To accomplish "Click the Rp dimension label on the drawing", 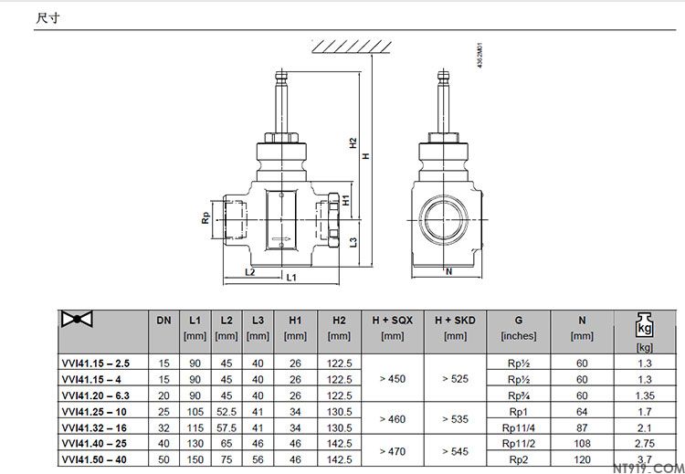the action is (x=205, y=217).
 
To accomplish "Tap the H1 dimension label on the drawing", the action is (x=346, y=200).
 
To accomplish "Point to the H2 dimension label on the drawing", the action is (x=353, y=143).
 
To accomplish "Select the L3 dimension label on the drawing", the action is (x=353, y=242).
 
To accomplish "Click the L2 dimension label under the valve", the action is (x=250, y=272).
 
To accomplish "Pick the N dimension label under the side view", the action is (x=448, y=272).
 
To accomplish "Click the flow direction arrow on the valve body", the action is (x=281, y=238).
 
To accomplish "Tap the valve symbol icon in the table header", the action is (x=77, y=319).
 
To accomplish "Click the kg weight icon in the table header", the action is (x=645, y=325).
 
